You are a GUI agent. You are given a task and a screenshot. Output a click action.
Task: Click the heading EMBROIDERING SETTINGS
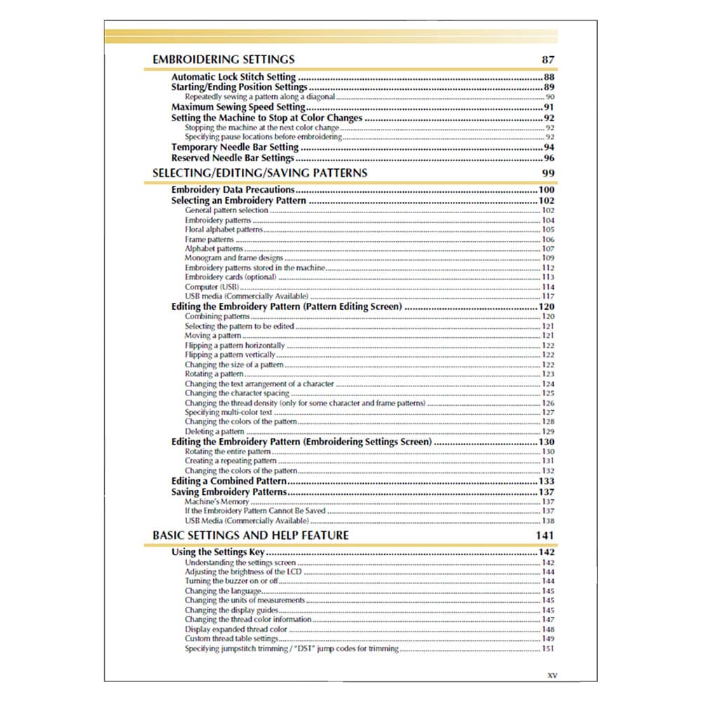point(223,60)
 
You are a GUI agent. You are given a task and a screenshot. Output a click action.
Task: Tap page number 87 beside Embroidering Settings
point(547,60)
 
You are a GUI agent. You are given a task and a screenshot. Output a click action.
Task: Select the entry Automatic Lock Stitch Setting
point(233,77)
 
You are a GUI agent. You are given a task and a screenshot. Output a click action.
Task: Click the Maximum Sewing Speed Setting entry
point(238,107)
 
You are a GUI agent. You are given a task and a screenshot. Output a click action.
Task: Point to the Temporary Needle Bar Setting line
point(235,147)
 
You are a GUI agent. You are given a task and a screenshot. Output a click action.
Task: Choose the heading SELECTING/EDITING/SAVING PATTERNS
point(259,172)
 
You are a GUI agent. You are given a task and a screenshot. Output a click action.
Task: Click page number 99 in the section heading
point(547,172)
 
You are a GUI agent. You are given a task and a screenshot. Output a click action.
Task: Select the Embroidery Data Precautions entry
point(233,190)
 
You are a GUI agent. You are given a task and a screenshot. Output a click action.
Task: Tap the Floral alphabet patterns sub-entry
point(224,229)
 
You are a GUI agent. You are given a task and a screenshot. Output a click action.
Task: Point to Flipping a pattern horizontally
point(235,346)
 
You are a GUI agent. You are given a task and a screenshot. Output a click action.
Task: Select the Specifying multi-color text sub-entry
point(229,413)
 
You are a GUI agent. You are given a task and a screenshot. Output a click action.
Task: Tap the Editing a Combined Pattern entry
point(229,482)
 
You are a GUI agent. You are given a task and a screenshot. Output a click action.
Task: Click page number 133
point(546,482)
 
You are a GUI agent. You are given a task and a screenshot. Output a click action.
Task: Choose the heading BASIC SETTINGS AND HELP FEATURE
point(250,536)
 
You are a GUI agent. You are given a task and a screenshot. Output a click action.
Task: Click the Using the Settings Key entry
point(218,552)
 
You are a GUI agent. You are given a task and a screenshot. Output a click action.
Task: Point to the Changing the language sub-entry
point(223,591)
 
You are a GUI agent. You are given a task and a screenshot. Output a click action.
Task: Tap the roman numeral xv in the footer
point(552,675)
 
